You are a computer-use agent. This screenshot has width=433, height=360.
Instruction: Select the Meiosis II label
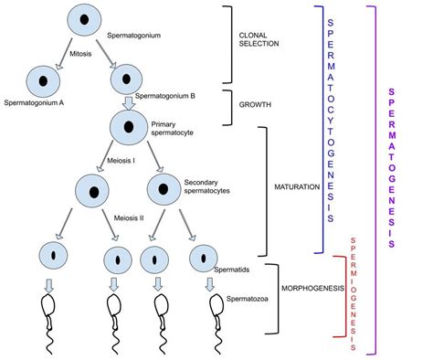(x=131, y=218)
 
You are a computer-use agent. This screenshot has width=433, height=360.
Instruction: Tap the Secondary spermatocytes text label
(x=206, y=186)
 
